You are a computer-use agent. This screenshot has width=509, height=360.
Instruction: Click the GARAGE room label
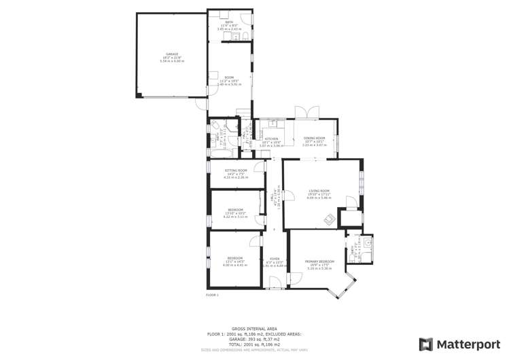[x=172, y=54]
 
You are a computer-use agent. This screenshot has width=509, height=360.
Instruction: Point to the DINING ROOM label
[x=314, y=139]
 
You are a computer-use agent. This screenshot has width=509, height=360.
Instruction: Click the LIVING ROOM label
[x=319, y=191]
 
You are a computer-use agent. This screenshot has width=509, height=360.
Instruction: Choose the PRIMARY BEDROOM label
[x=319, y=262]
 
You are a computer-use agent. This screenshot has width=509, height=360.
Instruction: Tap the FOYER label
[x=275, y=259]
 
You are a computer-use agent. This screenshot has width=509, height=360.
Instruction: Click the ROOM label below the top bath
[x=230, y=78]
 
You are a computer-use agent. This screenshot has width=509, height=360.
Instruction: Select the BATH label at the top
[x=230, y=22]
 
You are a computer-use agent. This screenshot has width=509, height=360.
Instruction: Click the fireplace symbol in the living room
[x=329, y=219]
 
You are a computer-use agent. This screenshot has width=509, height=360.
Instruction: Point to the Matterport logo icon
[x=425, y=344]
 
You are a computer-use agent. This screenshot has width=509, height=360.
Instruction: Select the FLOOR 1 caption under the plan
[x=212, y=295]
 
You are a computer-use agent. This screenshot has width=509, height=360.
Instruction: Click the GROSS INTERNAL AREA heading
[x=254, y=328]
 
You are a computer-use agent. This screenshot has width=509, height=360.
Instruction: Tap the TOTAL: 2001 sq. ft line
[x=254, y=344]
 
